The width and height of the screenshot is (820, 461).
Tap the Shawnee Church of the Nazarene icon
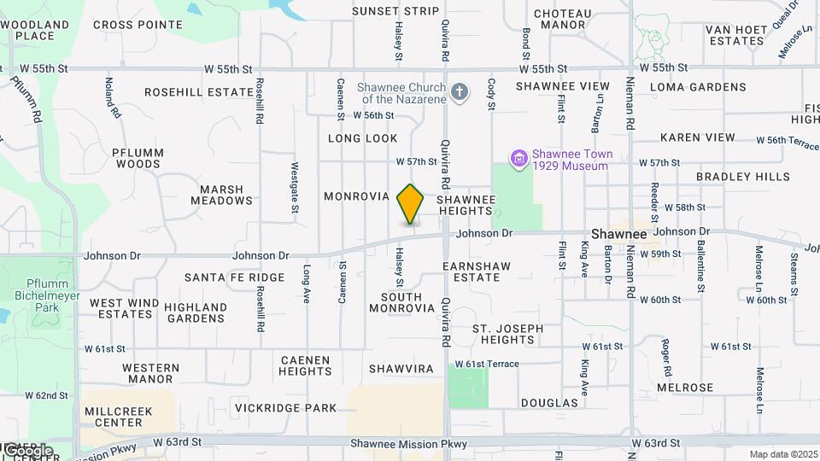pyautogui.click(x=460, y=92)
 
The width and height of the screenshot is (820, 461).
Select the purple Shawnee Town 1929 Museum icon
pyautogui.click(x=518, y=159)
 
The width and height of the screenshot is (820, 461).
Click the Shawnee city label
pyautogui.click(x=619, y=234)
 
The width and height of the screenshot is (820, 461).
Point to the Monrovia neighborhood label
pyautogui.click(x=357, y=196)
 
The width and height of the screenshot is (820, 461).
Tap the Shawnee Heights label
pyautogui.click(x=466, y=205)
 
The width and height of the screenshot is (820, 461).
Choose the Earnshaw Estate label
pyautogui.click(x=477, y=271)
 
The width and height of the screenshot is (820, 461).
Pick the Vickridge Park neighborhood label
pyautogui.click(x=287, y=408)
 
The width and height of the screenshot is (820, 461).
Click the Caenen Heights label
pyautogui.click(x=305, y=366)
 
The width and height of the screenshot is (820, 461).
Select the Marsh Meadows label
pyautogui.click(x=226, y=195)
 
